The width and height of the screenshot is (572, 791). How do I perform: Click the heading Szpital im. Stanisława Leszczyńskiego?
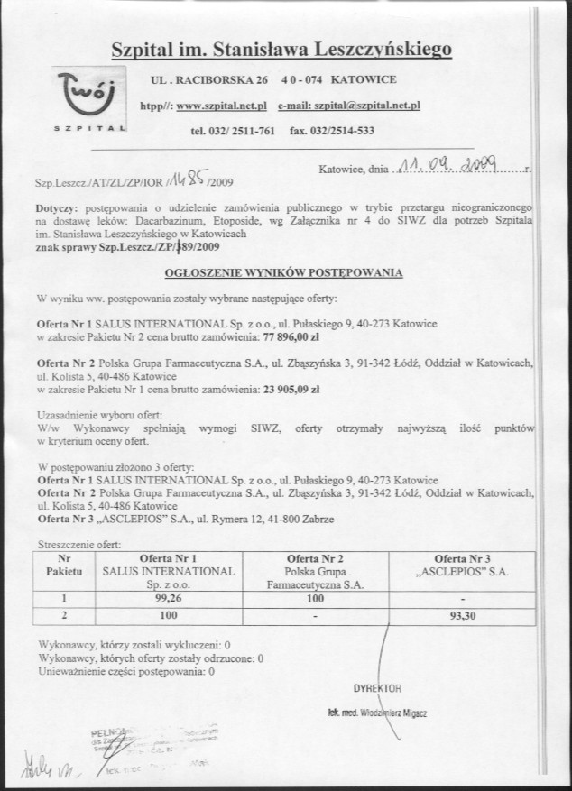281,51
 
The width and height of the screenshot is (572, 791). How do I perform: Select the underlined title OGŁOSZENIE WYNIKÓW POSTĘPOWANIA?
283,271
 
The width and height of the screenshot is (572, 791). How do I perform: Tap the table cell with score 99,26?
169,597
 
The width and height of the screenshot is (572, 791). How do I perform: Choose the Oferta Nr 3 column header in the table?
463,565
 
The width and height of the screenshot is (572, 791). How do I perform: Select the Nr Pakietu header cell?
64,565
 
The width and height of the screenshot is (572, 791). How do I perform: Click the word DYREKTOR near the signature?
377,688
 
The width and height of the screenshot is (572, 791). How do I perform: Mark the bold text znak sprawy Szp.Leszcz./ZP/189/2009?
126,245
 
